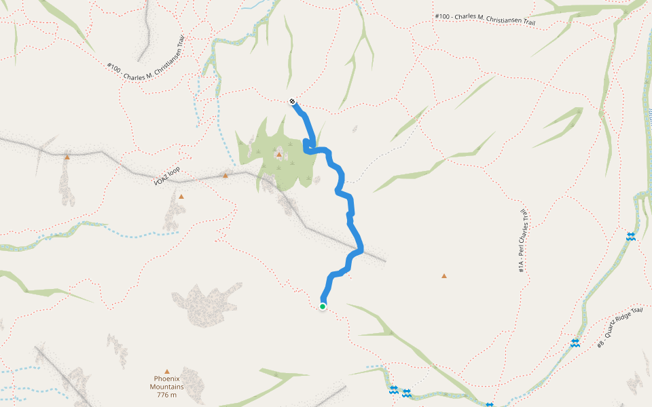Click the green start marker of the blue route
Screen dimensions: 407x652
coord(323,307)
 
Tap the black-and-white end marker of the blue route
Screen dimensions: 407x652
coord(292,102)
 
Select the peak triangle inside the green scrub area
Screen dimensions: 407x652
coord(278,155)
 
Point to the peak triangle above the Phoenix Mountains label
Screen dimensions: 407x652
coord(166,371)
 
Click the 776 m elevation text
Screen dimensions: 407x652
coord(166,395)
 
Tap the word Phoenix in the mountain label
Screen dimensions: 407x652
coord(166,379)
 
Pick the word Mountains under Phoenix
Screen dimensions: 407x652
coord(166,387)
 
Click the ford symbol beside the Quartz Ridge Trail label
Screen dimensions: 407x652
coord(575,343)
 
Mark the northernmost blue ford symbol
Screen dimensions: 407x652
coord(631,236)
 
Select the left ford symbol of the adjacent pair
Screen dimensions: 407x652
coord(394,390)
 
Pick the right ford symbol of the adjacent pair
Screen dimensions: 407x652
coord(406,393)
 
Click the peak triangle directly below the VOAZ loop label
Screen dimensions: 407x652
coord(181,197)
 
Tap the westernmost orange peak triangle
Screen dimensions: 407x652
coord(67,157)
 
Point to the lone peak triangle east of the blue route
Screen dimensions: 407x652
coord(444,276)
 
